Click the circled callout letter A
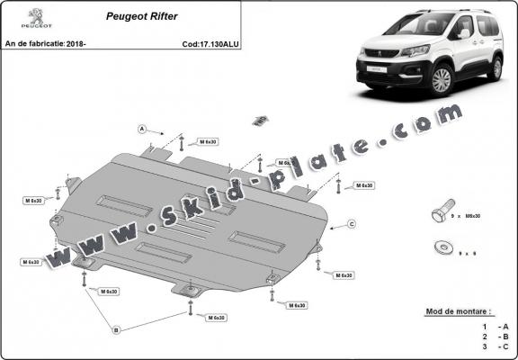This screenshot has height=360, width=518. [x=142, y=130]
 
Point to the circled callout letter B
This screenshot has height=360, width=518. [x=115, y=330]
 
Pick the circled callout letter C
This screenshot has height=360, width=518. [x=352, y=223]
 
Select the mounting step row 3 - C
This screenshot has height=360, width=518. [x=496, y=346]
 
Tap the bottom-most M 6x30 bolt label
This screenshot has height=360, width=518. [x=217, y=318]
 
